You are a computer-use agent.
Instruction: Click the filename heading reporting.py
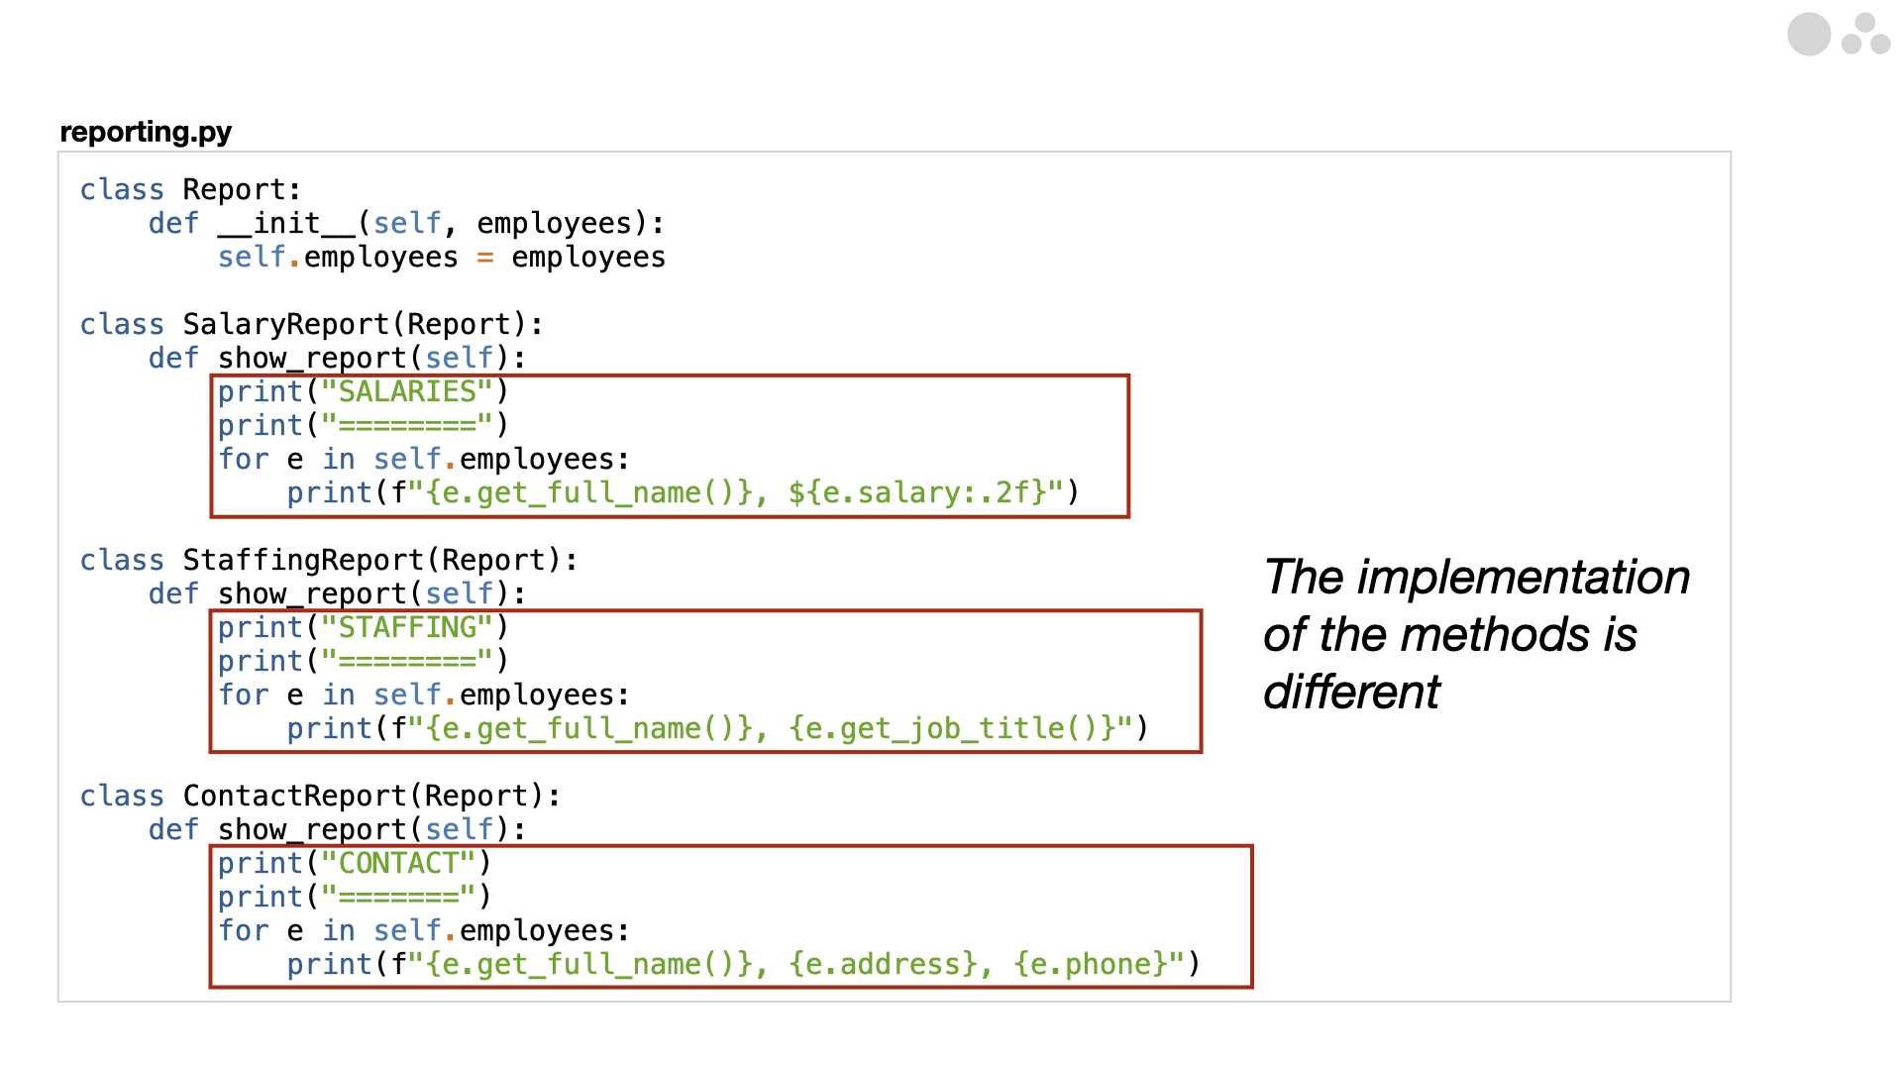[146, 132]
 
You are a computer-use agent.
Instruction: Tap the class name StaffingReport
[304, 560]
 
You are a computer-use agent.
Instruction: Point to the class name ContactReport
[295, 796]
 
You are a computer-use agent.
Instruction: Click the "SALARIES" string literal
[407, 391]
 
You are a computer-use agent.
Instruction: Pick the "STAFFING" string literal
[407, 627]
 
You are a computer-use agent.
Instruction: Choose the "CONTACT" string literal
[398, 863]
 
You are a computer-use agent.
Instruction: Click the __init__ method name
[286, 223]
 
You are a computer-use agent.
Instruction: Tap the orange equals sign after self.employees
[485, 257]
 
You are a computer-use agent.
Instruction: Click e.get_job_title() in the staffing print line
[961, 728]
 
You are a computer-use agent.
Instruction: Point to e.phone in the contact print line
[1091, 964]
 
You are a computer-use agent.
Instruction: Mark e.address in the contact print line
[883, 964]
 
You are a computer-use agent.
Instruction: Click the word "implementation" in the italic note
[1524, 578]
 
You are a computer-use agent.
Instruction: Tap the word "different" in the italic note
[1351, 692]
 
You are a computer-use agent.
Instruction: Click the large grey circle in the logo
[1809, 35]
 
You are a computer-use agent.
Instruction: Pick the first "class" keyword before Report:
[122, 189]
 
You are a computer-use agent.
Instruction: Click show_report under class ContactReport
[312, 829]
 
